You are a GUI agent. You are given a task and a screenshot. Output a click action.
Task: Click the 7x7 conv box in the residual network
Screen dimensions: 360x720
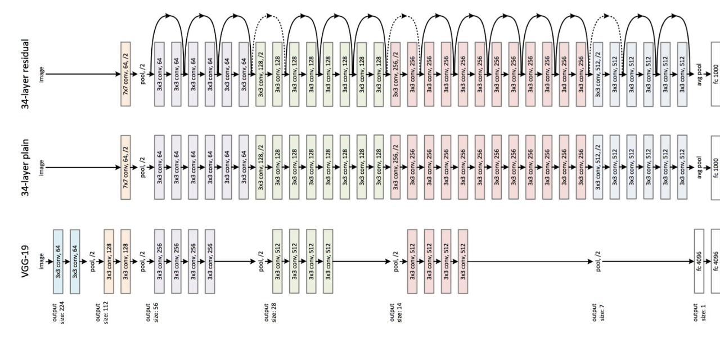[125, 74]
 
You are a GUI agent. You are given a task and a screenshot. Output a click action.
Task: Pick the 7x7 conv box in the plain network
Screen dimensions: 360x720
[125, 167]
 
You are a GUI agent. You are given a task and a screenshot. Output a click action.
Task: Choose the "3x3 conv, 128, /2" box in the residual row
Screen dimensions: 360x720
[260, 74]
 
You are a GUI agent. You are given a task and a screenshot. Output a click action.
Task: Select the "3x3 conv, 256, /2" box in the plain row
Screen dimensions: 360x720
[395, 167]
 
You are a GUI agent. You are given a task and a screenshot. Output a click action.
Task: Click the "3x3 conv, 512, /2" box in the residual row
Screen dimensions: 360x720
[598, 74]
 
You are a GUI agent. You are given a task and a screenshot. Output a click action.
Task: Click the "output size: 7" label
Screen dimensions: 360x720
[598, 311]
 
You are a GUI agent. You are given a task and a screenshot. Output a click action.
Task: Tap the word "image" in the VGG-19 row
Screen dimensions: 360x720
[41, 261]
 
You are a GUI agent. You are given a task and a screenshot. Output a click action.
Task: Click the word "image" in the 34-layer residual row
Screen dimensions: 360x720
[41, 74]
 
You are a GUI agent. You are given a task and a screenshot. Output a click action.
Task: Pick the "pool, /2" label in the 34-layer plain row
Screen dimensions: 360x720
[142, 167]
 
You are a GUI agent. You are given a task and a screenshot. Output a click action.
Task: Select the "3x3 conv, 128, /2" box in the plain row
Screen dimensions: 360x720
[260, 167]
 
